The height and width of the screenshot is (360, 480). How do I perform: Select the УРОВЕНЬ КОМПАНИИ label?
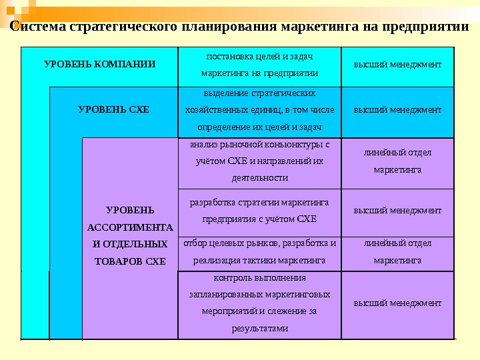[x=100, y=65]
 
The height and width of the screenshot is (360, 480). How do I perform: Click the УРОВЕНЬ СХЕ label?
[x=114, y=109]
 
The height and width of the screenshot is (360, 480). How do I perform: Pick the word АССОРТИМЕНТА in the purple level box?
[x=130, y=227]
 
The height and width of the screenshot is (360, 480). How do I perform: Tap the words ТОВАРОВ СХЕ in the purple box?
[x=130, y=261]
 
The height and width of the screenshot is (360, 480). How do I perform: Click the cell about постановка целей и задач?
[x=259, y=65]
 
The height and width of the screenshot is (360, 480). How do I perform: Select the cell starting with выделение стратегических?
[x=259, y=109]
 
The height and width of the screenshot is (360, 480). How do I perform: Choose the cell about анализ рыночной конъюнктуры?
[x=259, y=161]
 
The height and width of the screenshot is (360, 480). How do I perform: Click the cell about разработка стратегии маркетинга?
[x=259, y=210]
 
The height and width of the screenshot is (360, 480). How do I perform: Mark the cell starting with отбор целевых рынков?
[x=259, y=251]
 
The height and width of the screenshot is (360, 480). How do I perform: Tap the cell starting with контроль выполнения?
[x=259, y=302]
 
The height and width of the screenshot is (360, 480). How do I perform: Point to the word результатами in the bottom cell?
[x=259, y=328]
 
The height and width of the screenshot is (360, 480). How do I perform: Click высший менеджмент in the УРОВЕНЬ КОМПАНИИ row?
[x=397, y=65]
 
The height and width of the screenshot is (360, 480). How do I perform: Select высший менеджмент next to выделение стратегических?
[x=397, y=109]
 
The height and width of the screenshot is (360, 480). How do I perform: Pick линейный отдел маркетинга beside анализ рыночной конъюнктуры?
[x=397, y=161]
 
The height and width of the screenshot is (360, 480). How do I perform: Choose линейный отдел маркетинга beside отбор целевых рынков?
[x=397, y=251]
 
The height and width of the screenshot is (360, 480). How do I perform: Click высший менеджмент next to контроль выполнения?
[x=397, y=303]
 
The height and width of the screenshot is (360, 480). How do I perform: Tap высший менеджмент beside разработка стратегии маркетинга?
[x=397, y=210]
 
